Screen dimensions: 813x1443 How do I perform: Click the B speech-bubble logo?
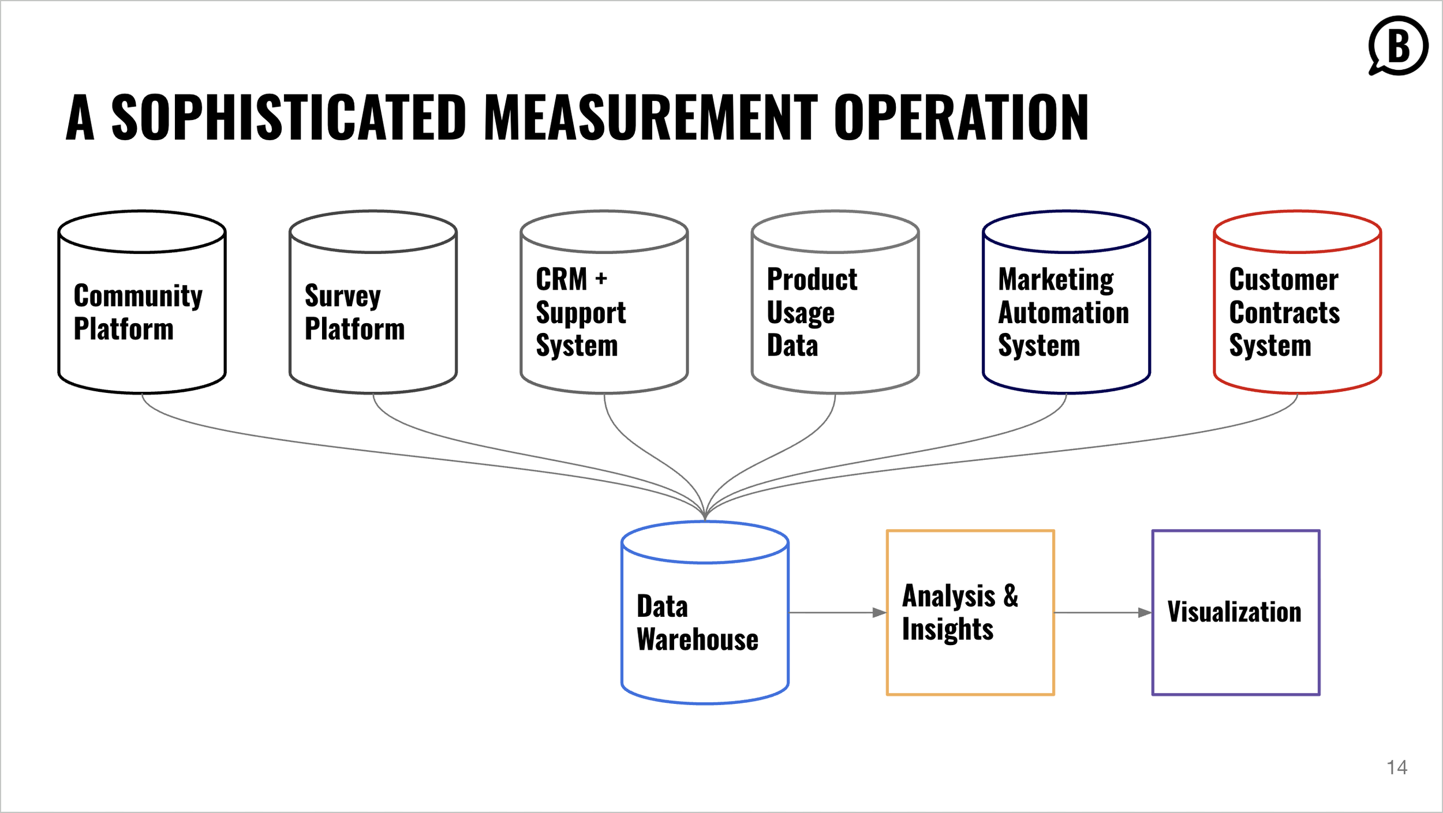point(1398,46)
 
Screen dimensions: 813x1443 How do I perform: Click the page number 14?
point(1397,767)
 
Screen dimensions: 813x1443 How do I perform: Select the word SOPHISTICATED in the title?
point(289,118)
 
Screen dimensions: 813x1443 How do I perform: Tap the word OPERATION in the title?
point(960,118)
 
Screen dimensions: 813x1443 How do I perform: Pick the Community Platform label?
point(138,312)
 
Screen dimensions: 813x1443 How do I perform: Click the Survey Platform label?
point(354,312)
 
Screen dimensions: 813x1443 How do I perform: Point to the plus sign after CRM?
point(601,279)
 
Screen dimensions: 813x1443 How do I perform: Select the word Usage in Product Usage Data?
point(801,313)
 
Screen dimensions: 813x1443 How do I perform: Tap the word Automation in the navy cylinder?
point(1063,313)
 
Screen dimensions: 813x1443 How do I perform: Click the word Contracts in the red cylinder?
point(1284,313)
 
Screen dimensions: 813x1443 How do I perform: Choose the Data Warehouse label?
point(697,623)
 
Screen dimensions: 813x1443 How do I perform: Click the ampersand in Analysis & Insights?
point(1011,595)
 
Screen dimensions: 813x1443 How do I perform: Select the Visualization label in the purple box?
point(1235,612)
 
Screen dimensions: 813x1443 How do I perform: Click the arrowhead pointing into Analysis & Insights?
point(879,613)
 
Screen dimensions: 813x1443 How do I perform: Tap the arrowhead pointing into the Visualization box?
point(1145,613)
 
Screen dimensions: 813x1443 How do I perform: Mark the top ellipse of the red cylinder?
point(1298,232)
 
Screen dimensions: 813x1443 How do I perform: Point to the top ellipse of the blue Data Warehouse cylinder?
point(705,542)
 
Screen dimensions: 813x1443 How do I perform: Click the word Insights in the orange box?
point(948,629)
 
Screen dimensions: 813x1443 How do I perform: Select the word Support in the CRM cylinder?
point(581,313)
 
